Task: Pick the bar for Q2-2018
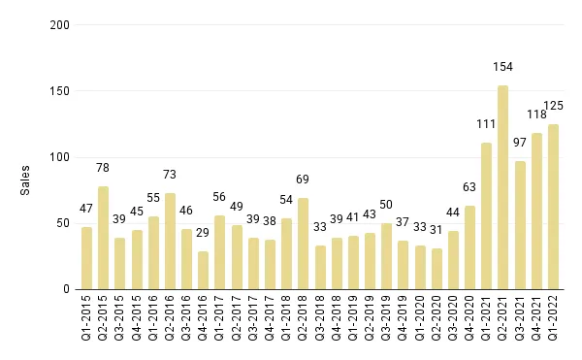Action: click(304, 244)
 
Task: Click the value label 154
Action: click(502, 66)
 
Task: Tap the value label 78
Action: click(104, 167)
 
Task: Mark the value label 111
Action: click(486, 123)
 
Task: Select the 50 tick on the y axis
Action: click(61, 223)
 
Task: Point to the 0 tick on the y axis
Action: click(64, 289)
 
